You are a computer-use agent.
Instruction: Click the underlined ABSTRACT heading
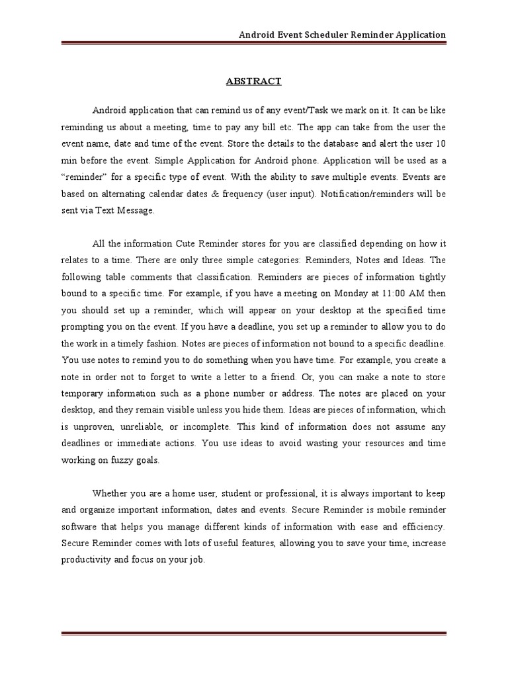tap(254, 81)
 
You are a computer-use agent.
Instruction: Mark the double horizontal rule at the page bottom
tap(254, 635)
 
